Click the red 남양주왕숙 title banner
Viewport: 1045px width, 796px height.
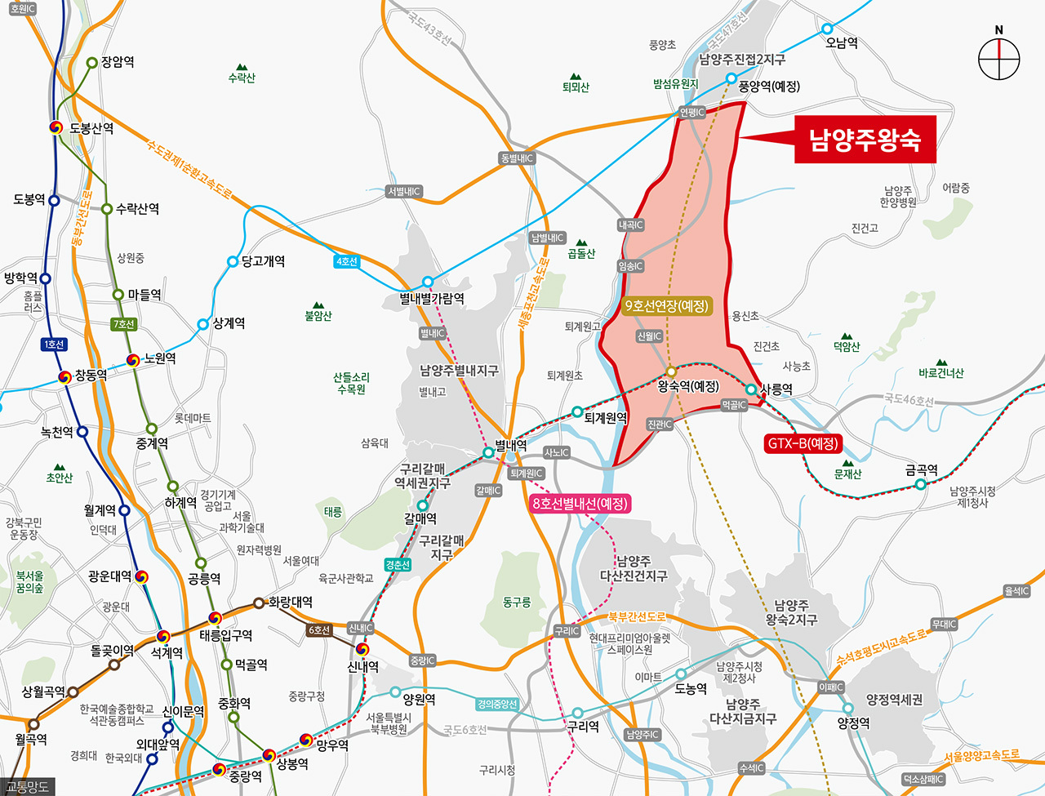click(x=865, y=140)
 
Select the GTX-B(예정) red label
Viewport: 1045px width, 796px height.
click(x=803, y=444)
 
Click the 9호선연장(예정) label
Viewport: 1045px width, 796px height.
click(x=666, y=306)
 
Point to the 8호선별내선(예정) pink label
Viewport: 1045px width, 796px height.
click(x=580, y=504)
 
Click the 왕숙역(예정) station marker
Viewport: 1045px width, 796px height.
click(x=671, y=371)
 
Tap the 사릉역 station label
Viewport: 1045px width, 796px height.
click(x=776, y=389)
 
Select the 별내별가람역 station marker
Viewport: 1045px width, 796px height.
click(x=428, y=282)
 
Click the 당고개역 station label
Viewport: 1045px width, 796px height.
click(x=263, y=261)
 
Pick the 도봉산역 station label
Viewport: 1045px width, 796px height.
click(x=91, y=128)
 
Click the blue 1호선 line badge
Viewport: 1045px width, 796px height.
click(x=54, y=345)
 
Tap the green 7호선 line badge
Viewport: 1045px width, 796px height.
click(x=123, y=324)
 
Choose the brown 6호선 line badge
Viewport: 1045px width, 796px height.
click(x=319, y=630)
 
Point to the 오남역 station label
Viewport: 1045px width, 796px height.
click(x=841, y=42)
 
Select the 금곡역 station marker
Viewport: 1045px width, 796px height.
click(x=920, y=484)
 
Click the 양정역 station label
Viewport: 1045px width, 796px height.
click(x=854, y=723)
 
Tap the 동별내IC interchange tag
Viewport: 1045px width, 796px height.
click(x=517, y=158)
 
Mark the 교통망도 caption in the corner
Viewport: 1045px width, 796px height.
click(x=28, y=787)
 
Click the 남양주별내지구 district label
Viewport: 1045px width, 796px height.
click(x=459, y=371)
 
